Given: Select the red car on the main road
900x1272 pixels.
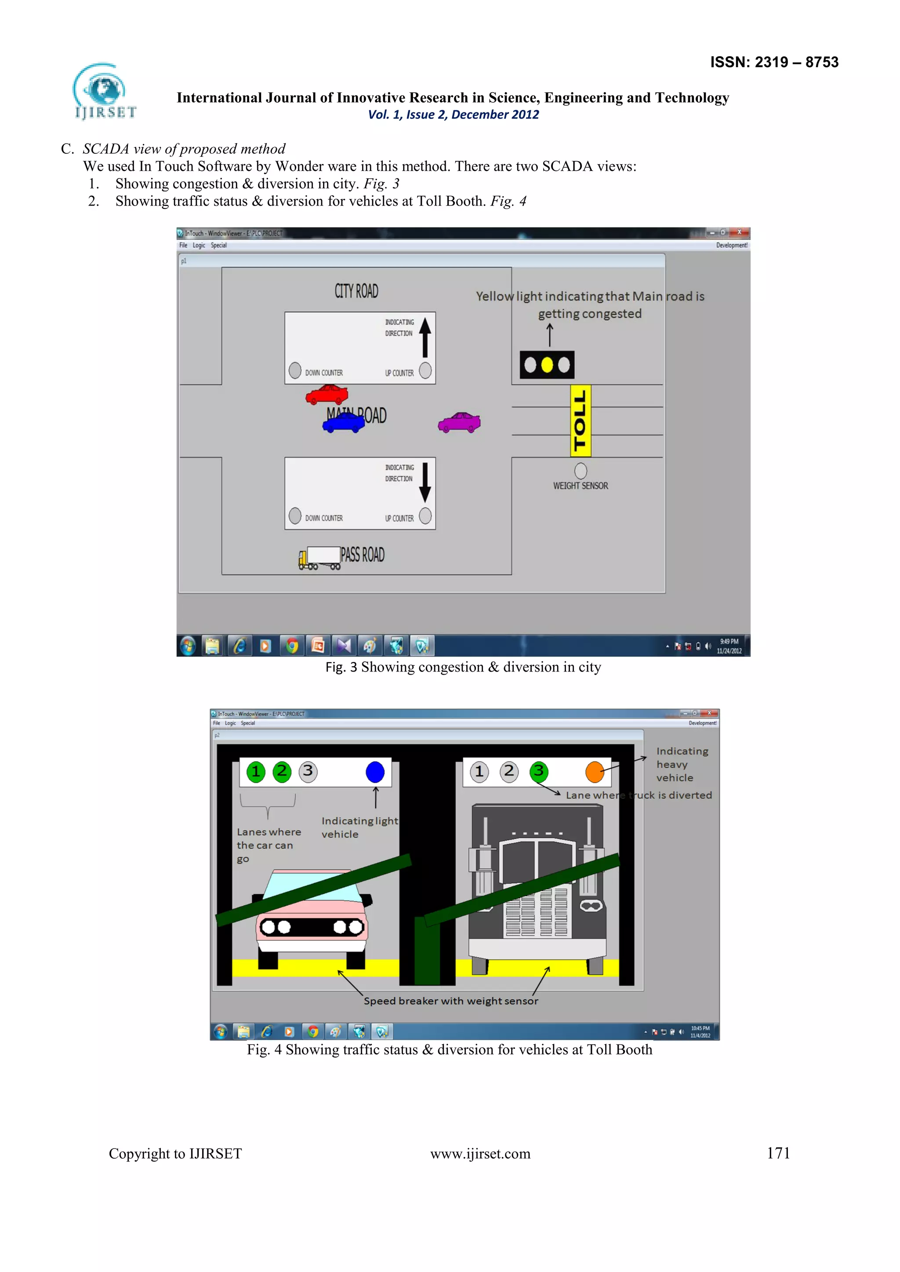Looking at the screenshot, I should tap(327, 394).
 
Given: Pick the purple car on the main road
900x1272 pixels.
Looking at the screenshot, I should tap(459, 423).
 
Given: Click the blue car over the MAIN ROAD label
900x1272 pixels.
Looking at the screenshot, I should tap(344, 423).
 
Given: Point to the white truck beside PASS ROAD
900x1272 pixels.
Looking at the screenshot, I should tap(320, 557).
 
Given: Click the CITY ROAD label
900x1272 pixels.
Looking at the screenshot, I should tap(356, 291).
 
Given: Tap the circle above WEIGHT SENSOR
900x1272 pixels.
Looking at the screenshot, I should tap(580, 471).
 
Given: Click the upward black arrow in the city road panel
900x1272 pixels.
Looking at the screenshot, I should tap(425, 337).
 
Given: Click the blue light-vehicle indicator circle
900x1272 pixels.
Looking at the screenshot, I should tap(375, 772).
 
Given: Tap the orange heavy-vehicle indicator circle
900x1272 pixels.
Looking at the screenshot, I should tap(595, 772).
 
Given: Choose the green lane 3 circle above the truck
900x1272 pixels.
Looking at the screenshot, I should tap(539, 771).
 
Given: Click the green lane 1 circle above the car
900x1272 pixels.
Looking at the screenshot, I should tap(255, 772).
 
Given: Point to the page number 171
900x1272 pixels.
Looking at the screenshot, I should tap(778, 1153).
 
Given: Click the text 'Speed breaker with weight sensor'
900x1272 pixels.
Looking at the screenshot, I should tap(450, 1001).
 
